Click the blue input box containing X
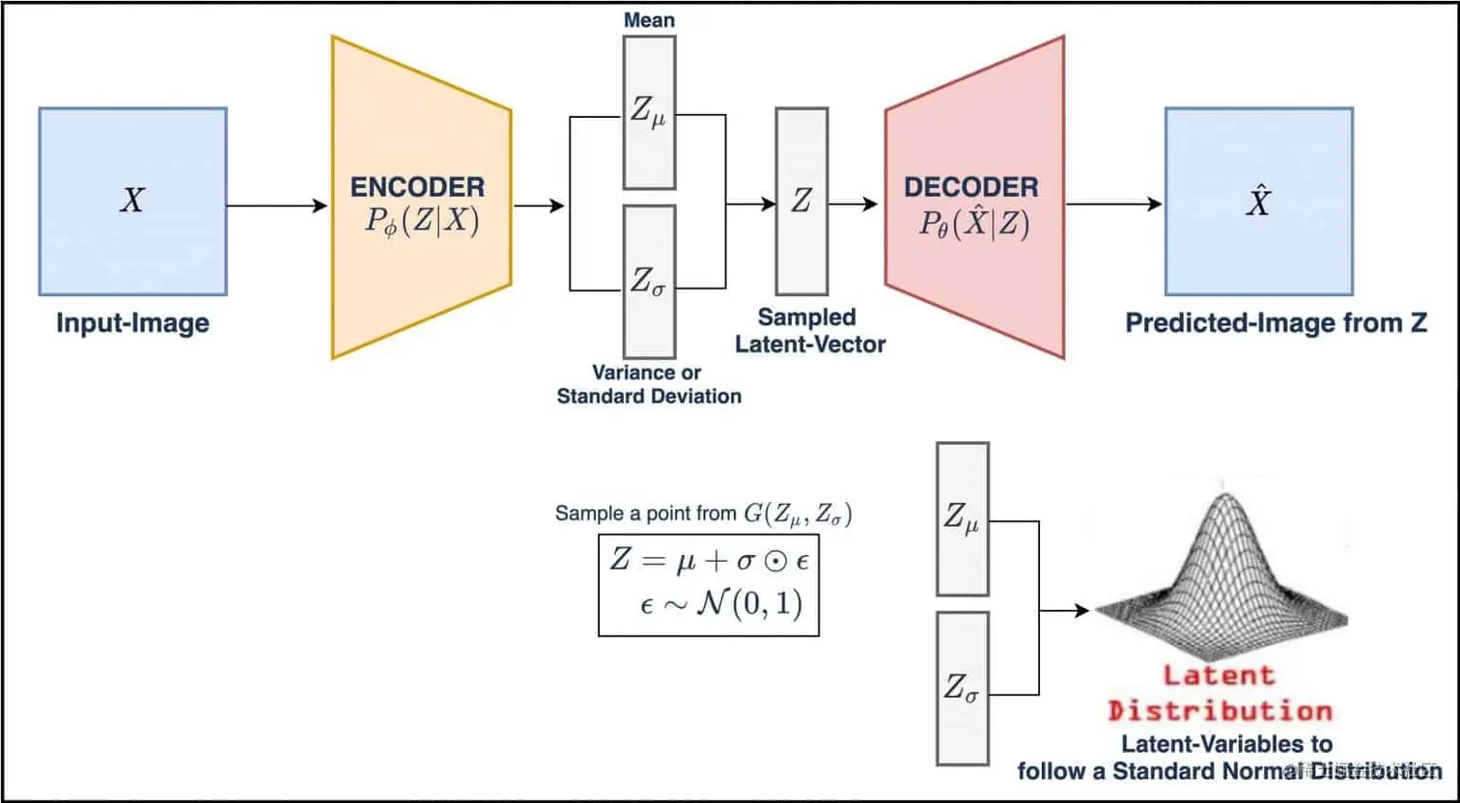click(x=132, y=201)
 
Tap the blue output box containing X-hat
click(x=1258, y=201)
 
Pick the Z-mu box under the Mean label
click(x=649, y=112)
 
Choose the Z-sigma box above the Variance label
click(x=649, y=281)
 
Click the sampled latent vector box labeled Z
click(x=801, y=201)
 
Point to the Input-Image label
click(x=132, y=322)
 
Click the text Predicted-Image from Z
click(x=1276, y=322)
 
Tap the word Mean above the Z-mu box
click(x=649, y=19)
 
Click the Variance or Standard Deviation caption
click(x=649, y=384)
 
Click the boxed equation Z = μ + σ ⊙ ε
click(x=708, y=583)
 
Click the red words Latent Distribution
click(x=1220, y=694)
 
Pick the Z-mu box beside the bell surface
click(x=963, y=518)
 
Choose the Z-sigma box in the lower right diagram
click(x=963, y=688)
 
